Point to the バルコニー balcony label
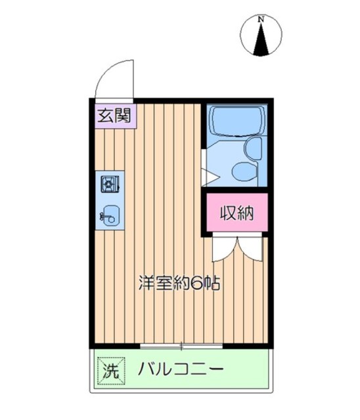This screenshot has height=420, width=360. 181,369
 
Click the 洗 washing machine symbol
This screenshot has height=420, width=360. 110,369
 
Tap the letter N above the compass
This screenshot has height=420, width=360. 261,20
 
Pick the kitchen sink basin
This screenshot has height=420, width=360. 110,214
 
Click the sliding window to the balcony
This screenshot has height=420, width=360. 181,345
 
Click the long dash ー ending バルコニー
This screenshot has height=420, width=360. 215,369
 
